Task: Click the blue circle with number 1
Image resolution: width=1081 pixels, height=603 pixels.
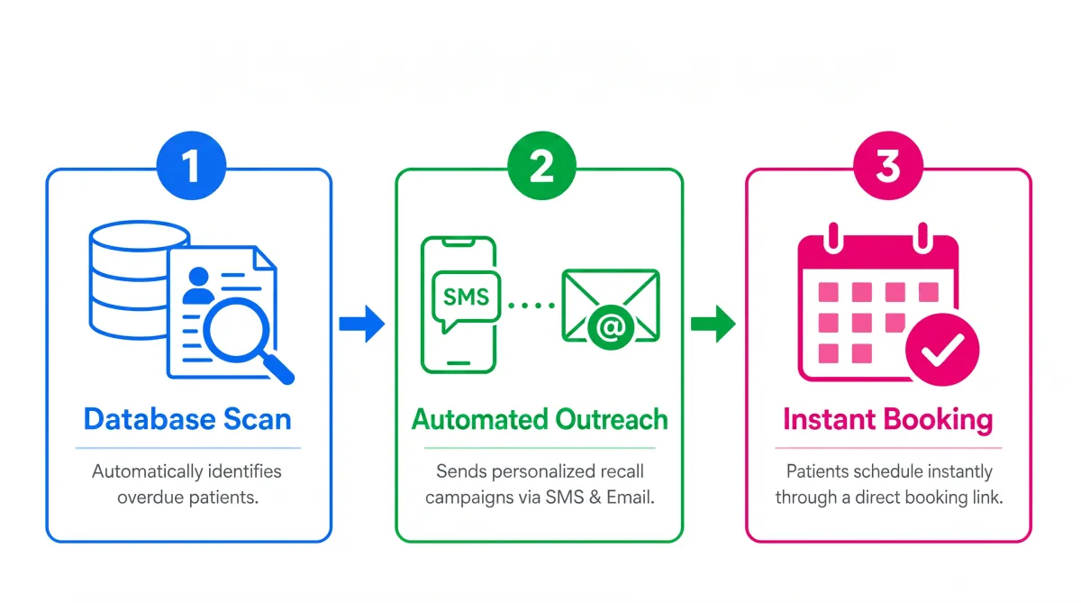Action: [x=192, y=166]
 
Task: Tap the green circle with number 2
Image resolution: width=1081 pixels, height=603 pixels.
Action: [x=542, y=166]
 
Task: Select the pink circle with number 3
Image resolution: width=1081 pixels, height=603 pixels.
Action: [x=888, y=166]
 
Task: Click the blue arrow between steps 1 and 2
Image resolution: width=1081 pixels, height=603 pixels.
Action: [x=362, y=324]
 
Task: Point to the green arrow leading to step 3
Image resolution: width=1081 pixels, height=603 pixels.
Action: [x=713, y=324]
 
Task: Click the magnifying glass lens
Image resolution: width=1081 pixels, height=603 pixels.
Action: [x=236, y=331]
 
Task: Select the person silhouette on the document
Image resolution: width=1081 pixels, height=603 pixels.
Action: [x=198, y=286]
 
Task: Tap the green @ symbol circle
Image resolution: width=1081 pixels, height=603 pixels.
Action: [x=611, y=328]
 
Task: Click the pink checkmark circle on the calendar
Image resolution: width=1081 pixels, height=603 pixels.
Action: [x=942, y=350]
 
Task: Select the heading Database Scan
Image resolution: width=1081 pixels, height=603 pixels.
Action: [x=187, y=418]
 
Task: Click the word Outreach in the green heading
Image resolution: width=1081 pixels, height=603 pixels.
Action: [x=612, y=418]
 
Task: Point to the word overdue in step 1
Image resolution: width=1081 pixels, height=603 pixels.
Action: [x=150, y=498]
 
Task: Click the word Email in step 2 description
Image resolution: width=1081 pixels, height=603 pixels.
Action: [x=631, y=498]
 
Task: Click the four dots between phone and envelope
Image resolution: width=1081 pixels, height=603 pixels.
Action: [x=531, y=306]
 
